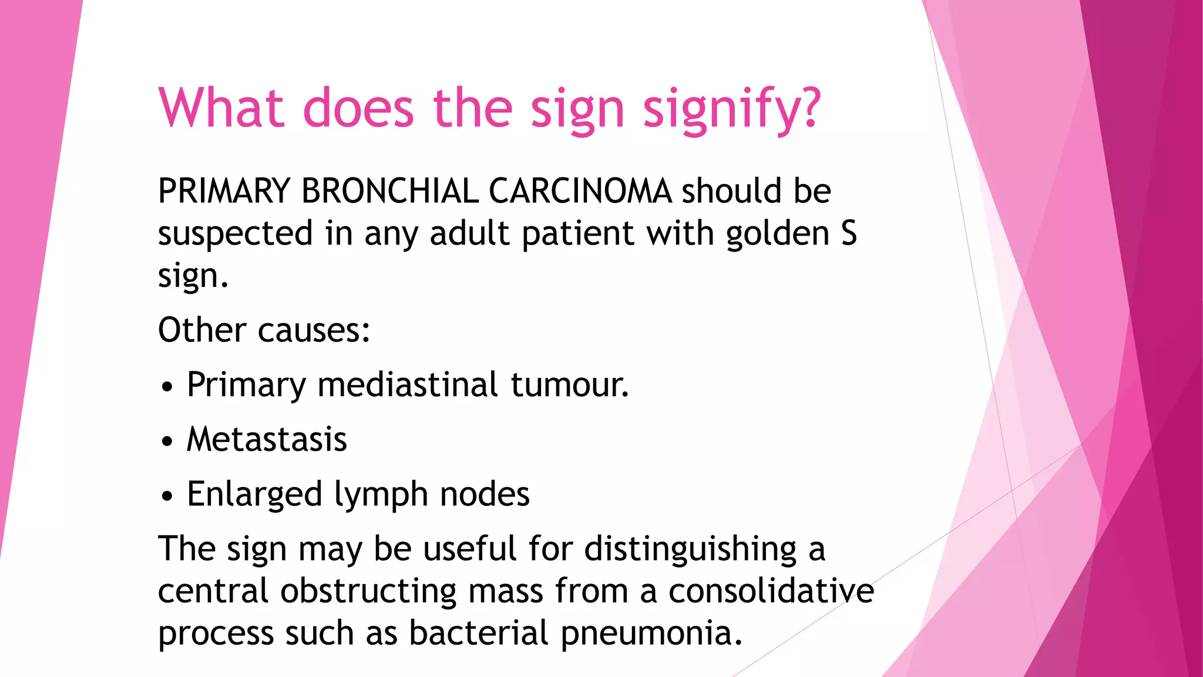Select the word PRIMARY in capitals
tap(224, 191)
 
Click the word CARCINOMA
tap(580, 191)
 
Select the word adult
tap(470, 233)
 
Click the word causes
tap(314, 330)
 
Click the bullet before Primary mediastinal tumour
tap(167, 387)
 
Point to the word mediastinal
tap(408, 385)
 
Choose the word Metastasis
tap(267, 440)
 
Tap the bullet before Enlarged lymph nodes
tap(167, 497)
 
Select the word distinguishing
tap(690, 549)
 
